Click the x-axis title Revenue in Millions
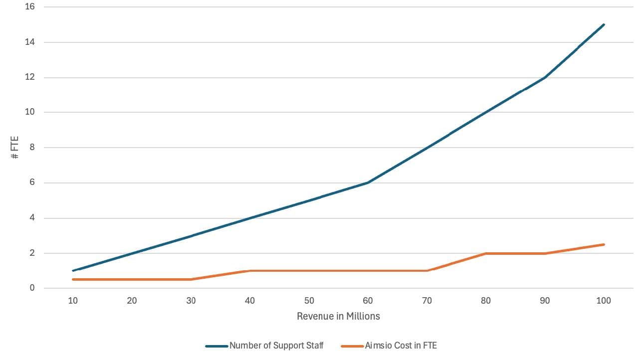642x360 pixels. [338, 316]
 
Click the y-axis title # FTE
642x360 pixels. [15, 148]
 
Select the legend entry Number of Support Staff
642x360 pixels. [276, 345]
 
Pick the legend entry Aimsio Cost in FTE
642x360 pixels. [401, 345]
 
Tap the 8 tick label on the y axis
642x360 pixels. [32, 148]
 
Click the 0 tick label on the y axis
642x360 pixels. [32, 288]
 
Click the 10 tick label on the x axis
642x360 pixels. [73, 301]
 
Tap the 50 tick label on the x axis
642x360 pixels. [309, 301]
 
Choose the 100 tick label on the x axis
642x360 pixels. [604, 301]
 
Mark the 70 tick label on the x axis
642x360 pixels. [427, 301]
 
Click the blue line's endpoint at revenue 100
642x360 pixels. [604, 24]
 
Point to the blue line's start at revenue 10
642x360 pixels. [73, 271]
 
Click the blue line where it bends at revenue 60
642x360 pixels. [368, 182]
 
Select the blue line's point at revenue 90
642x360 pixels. [545, 77]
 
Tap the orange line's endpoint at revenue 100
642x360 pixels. [604, 244]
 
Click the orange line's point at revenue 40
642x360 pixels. [250, 271]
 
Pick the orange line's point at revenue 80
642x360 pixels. [486, 253]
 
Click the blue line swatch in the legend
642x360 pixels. [216, 346]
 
